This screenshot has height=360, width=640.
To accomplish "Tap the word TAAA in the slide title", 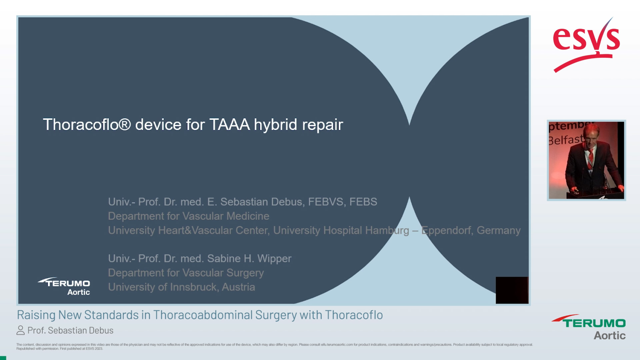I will [229, 125].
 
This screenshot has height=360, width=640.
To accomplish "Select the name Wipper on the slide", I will [274, 259].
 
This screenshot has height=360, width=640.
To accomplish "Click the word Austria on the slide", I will [238, 287].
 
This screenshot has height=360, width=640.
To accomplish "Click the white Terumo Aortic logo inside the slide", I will [65, 286].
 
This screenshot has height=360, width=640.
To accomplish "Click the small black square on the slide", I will [512, 290].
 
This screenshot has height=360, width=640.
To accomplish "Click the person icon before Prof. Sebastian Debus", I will [20, 330].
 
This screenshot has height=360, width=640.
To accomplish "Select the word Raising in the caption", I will [36, 315].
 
